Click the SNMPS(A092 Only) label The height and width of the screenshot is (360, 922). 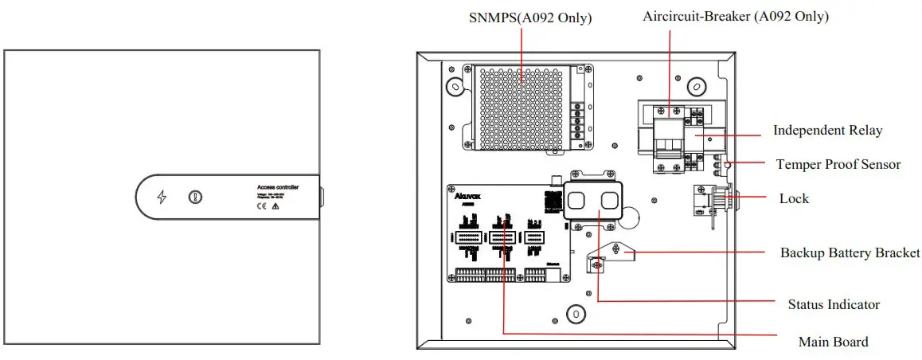(529, 17)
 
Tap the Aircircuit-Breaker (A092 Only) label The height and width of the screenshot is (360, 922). (736, 16)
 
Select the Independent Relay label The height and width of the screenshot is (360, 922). (827, 130)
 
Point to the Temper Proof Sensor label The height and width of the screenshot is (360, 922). (838, 164)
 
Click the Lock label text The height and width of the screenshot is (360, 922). (794, 198)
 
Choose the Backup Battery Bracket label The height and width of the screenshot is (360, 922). (850, 252)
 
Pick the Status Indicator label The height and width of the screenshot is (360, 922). (834, 304)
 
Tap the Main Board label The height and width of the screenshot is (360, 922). (833, 342)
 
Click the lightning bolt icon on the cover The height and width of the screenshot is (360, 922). (162, 197)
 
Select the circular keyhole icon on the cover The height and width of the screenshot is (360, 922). (194, 197)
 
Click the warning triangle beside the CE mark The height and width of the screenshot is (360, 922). (275, 205)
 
